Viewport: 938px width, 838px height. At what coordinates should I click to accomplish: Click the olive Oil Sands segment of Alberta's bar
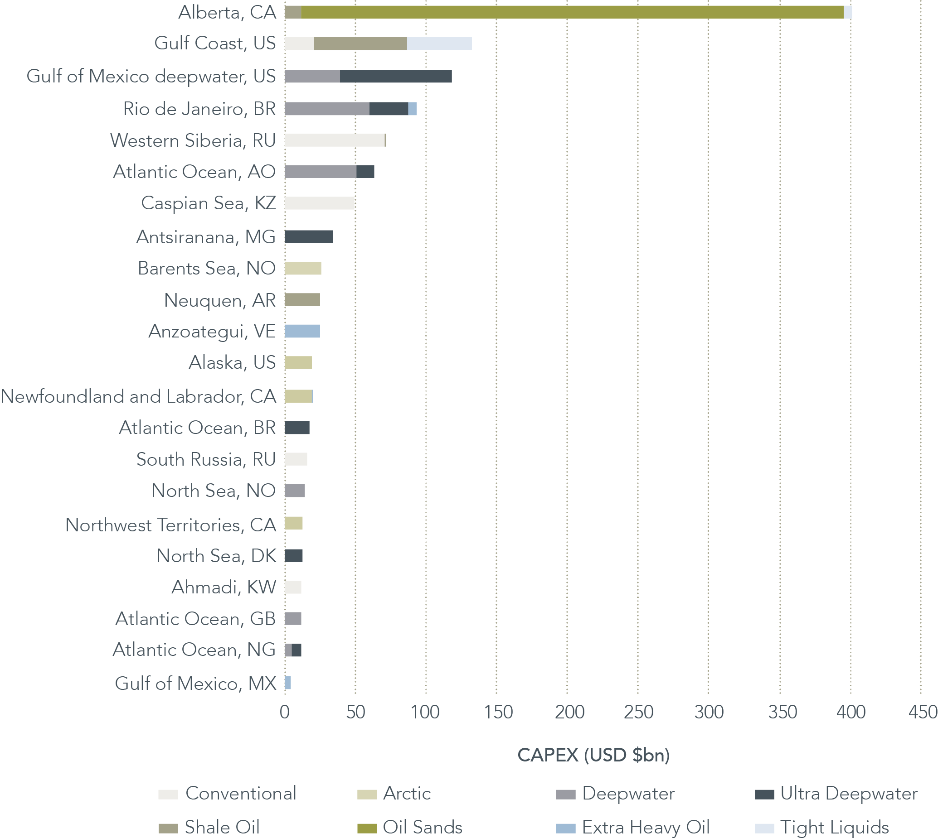(x=571, y=12)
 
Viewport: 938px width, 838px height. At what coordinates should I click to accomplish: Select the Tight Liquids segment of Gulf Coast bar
(x=439, y=44)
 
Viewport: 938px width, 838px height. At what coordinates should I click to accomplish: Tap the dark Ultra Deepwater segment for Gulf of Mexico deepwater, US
(x=396, y=77)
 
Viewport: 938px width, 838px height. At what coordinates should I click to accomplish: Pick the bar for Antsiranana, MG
(x=309, y=236)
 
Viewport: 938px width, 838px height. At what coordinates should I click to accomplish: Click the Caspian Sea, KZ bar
(x=319, y=203)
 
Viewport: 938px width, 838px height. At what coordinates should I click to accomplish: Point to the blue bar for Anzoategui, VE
(x=302, y=331)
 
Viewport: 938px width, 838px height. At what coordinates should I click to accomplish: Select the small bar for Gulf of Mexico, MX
(x=288, y=682)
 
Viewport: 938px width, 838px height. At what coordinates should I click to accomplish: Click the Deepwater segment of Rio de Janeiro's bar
(x=326, y=109)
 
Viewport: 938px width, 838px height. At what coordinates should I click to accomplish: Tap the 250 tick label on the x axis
(x=638, y=712)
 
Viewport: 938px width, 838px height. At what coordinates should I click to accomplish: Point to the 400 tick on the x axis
(x=851, y=712)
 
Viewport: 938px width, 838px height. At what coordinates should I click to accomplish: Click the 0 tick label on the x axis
(x=285, y=712)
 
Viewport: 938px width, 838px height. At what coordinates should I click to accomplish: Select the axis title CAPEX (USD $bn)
(x=593, y=755)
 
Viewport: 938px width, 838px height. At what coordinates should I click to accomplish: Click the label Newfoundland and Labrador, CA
(x=139, y=396)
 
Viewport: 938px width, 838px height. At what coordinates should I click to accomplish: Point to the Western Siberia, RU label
(x=193, y=140)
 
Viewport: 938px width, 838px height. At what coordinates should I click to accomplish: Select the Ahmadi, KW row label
(x=224, y=587)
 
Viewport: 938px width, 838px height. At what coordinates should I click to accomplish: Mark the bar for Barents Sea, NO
(x=303, y=269)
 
